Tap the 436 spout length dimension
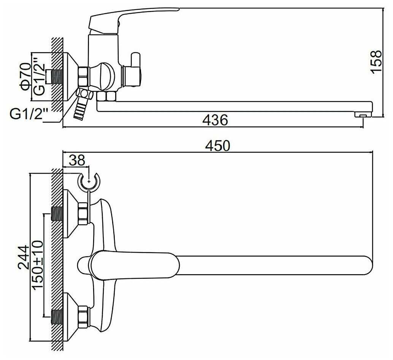215,120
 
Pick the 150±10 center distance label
38,265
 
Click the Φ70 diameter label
25,77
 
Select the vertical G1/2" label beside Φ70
40,77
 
